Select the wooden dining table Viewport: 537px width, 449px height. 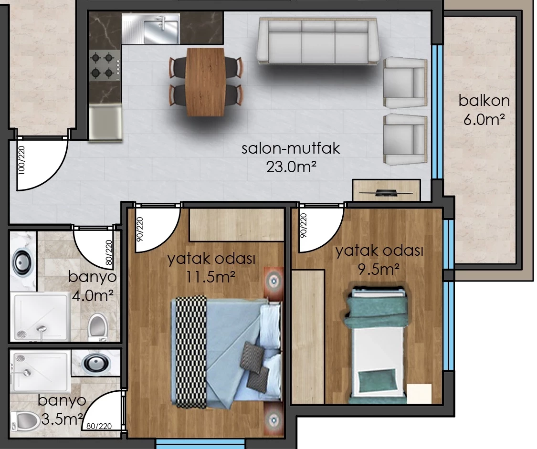205,82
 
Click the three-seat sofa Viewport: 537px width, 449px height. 319,41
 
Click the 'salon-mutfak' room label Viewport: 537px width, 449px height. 290,148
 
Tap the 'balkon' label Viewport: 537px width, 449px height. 484,101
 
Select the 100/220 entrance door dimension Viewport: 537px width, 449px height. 21,160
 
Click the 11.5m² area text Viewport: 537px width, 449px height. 211,277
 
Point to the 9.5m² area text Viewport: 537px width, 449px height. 379,269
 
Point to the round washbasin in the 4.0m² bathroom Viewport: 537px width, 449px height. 22,263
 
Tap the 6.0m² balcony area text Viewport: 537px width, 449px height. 484,120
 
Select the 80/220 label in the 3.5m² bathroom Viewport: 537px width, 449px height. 99,426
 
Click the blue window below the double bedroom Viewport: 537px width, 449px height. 200,444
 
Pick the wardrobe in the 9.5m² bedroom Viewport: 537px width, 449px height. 308,337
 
